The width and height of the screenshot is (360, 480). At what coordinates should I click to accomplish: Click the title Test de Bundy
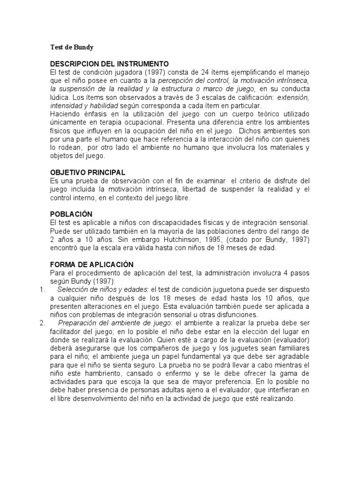(72, 47)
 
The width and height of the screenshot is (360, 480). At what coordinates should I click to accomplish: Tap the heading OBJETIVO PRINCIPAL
(87, 172)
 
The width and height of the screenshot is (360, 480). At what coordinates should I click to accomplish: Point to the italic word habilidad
(104, 106)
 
